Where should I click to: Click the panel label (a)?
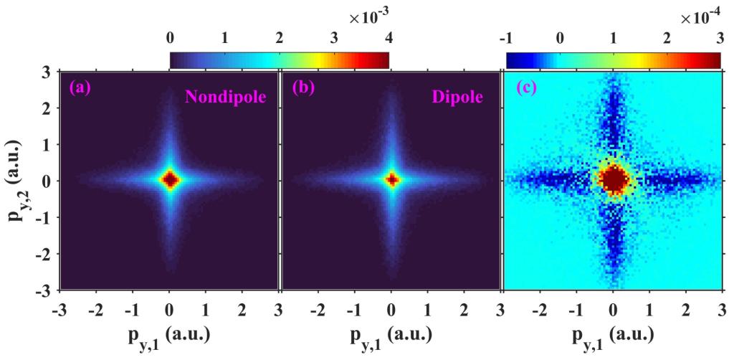click(x=78, y=90)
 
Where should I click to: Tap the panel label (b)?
click(x=302, y=90)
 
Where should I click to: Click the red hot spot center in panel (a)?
click(x=169, y=180)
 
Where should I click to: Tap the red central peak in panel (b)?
click(x=391, y=179)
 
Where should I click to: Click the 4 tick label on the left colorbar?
click(x=389, y=37)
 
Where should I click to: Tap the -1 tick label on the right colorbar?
click(x=507, y=37)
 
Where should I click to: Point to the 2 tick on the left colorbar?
click(x=280, y=37)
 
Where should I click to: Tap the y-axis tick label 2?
click(x=44, y=108)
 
